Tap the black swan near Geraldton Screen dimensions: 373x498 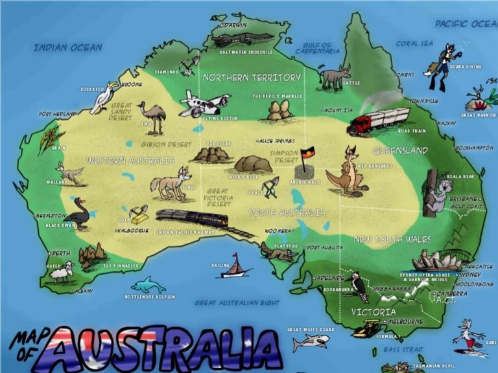point(79,213)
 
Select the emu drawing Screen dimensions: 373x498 point(152,115)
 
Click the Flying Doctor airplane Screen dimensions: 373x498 point(204,104)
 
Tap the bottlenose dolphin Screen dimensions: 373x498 point(148,285)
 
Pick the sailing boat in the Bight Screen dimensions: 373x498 point(236,266)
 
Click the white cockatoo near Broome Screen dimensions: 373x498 point(104,97)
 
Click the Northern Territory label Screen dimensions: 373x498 point(252,77)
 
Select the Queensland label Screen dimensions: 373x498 point(400,150)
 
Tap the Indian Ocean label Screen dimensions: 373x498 point(67,47)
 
